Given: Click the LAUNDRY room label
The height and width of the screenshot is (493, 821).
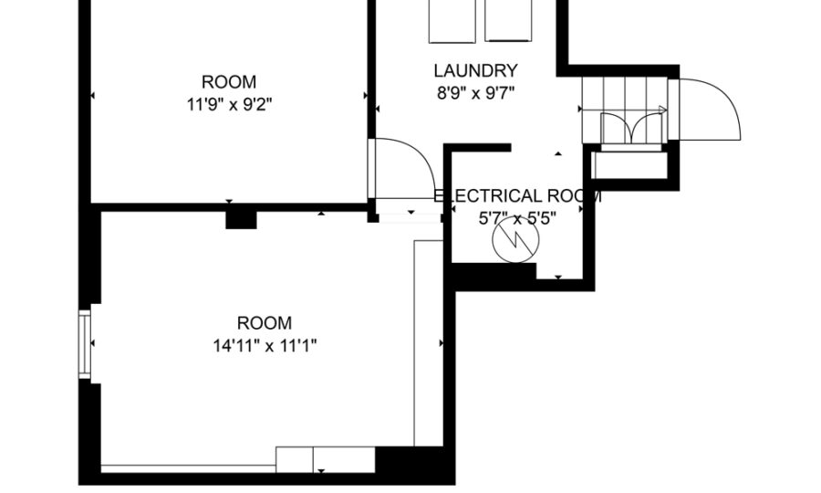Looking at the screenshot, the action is (x=475, y=70).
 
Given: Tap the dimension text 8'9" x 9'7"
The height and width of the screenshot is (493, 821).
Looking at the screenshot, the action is (x=475, y=93).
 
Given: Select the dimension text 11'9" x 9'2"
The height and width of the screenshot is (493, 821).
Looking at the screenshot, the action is (x=229, y=105).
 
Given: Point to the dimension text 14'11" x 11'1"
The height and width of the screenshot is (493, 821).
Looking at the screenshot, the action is (x=265, y=346).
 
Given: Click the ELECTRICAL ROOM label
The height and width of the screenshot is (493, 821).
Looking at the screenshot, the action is (x=517, y=196).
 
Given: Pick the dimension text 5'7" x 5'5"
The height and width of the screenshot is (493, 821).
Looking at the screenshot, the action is (x=517, y=218).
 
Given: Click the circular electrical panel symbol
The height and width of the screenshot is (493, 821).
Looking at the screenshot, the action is (x=515, y=239).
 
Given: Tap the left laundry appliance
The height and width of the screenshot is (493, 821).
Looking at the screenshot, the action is (x=452, y=21).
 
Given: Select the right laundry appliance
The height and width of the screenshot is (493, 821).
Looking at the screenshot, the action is (x=508, y=20).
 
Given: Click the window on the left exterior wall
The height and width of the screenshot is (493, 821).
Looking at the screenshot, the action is (x=84, y=344).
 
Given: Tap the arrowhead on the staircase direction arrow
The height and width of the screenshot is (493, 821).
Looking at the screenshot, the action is (x=663, y=110).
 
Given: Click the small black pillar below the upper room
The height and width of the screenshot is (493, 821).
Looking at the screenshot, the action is (x=241, y=220).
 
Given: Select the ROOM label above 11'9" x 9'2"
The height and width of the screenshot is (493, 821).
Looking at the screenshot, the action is (x=229, y=82).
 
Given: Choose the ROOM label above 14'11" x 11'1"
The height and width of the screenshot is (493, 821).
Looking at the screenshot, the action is (x=265, y=322).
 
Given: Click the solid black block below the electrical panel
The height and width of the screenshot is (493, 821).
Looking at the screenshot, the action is (x=494, y=276).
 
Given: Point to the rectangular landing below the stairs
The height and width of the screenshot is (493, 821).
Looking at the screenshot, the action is (x=629, y=165).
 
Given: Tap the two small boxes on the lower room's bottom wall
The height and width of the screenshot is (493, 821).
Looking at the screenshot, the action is (x=325, y=459).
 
